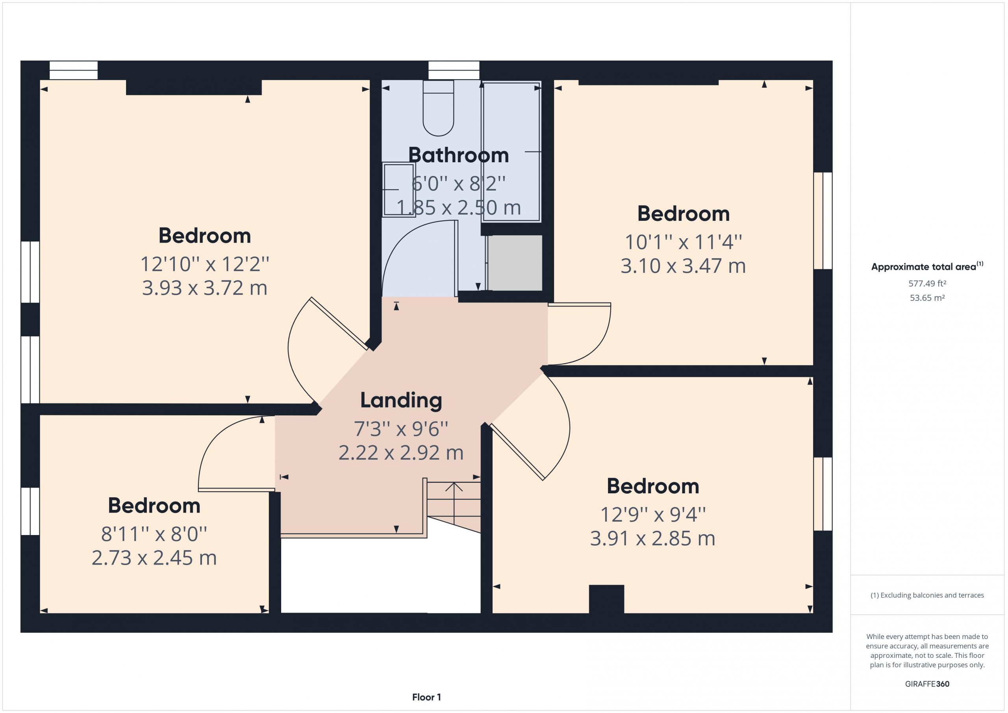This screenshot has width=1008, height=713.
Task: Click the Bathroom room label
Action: click(458, 156)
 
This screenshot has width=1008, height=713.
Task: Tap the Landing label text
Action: click(401, 400)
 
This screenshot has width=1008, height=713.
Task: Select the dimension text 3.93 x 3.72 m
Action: click(205, 288)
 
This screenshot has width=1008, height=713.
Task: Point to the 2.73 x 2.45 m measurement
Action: click(154, 558)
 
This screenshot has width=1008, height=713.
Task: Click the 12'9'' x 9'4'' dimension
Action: click(653, 515)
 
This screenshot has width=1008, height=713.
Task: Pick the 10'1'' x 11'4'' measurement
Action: click(683, 242)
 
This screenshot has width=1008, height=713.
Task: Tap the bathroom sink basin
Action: click(398, 190)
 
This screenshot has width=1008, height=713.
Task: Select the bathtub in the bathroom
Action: click(511, 152)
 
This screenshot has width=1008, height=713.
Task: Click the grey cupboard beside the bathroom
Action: click(515, 263)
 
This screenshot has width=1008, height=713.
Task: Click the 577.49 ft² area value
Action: click(927, 283)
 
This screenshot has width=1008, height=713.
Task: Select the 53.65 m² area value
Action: click(927, 298)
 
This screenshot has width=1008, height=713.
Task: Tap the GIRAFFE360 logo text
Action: click(927, 683)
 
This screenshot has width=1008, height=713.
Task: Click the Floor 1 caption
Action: click(426, 697)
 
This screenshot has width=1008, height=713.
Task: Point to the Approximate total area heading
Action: click(927, 267)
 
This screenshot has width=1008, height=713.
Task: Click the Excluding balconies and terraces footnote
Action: click(927, 595)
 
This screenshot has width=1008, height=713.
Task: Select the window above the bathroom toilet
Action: click(454, 70)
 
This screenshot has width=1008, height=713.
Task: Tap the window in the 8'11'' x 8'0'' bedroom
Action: click(30, 511)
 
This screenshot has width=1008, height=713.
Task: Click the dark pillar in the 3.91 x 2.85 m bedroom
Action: click(606, 599)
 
